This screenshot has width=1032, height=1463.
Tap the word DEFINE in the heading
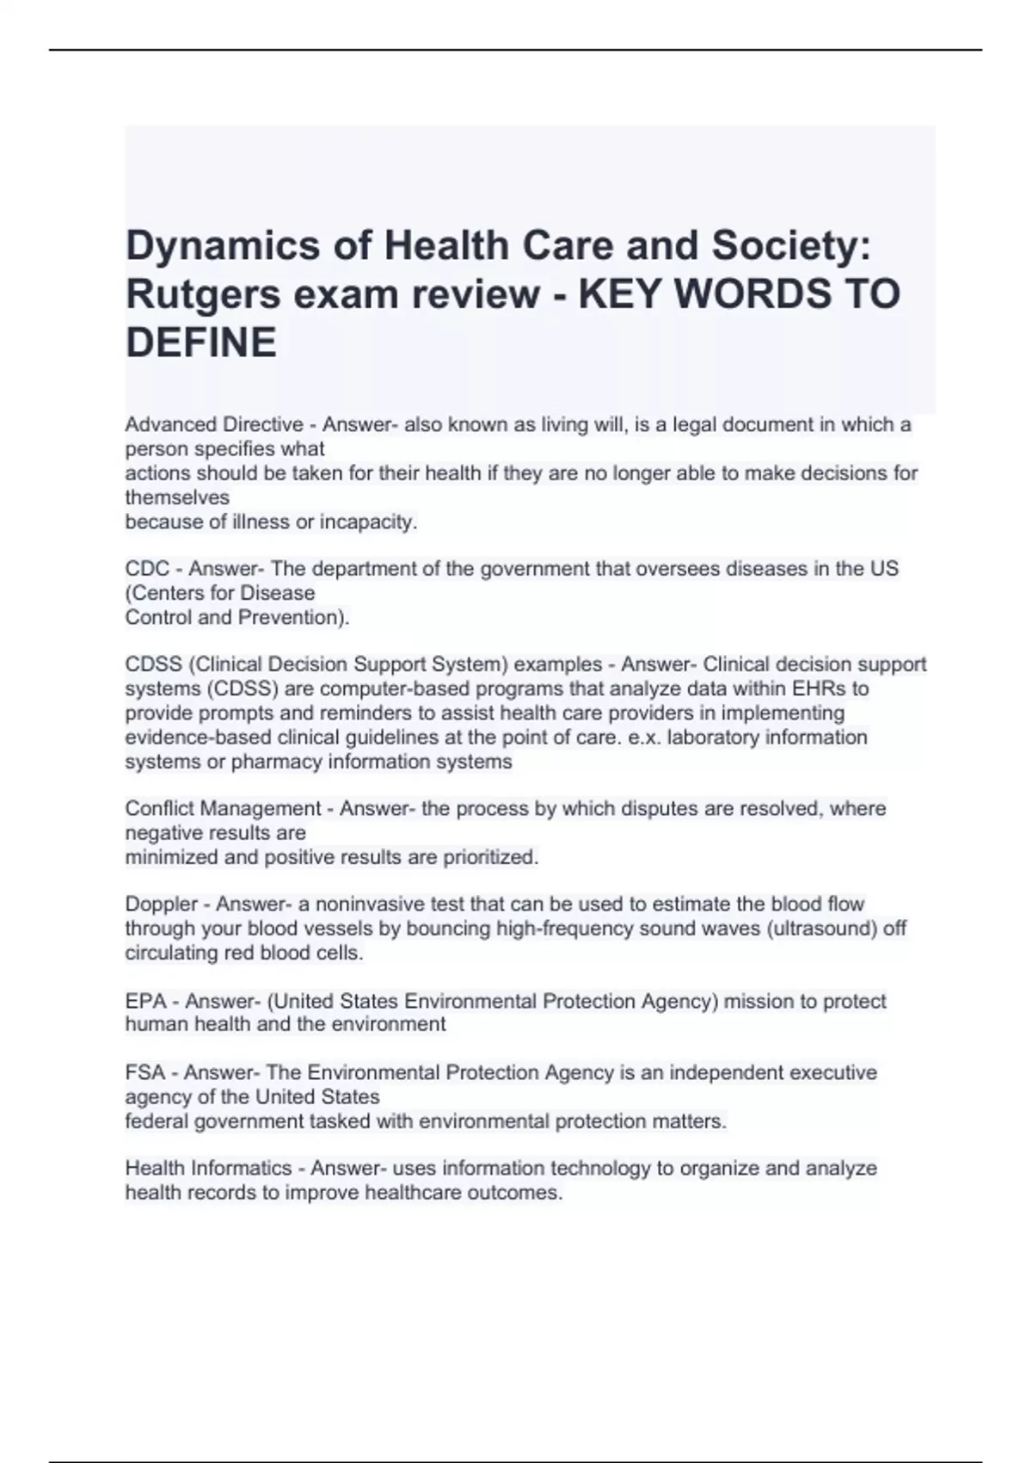(201, 343)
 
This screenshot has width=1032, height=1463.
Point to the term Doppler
(162, 904)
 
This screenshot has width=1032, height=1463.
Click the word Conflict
(157, 809)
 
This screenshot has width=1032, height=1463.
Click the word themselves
(177, 498)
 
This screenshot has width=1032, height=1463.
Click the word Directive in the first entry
(263, 425)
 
